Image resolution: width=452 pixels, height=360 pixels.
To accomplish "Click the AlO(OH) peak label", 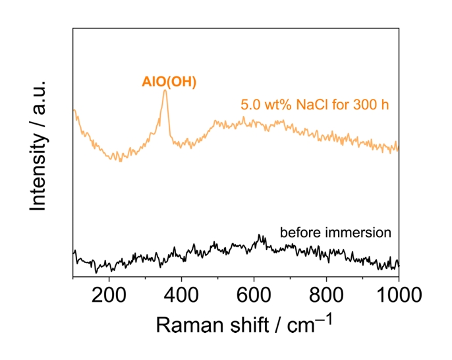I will click(169, 82).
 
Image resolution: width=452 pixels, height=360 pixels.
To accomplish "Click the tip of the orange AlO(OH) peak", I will click(165, 90).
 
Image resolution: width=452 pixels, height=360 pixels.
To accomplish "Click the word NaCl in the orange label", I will click(311, 104).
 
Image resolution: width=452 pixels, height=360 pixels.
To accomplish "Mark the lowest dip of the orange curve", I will click(120, 161).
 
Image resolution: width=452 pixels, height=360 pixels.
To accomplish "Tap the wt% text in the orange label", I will click(279, 104).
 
